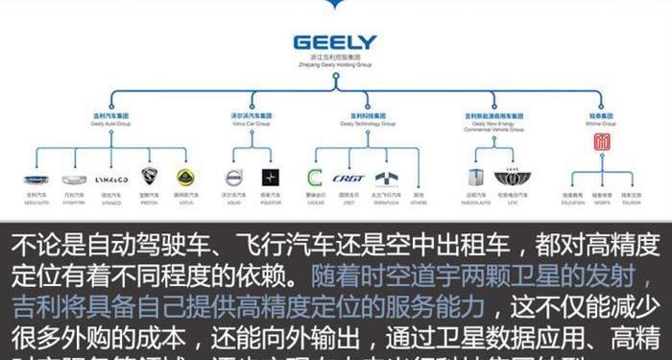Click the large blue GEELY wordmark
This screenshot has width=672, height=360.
(x=335, y=43)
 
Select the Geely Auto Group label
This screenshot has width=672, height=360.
(x=111, y=119)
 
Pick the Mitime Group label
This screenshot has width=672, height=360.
(x=601, y=119)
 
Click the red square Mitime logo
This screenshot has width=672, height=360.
(x=602, y=142)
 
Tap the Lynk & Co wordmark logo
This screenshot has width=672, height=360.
(x=111, y=179)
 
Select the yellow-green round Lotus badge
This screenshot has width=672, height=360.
(x=185, y=178)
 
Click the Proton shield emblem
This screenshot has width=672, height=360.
(x=149, y=178)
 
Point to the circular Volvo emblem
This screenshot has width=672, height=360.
(x=233, y=178)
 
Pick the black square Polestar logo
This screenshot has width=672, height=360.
(x=270, y=178)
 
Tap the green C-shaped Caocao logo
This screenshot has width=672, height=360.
(x=314, y=178)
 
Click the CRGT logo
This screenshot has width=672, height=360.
(x=348, y=179)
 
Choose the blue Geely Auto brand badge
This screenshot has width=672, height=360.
(x=36, y=179)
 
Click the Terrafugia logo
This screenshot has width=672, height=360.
(x=385, y=179)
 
